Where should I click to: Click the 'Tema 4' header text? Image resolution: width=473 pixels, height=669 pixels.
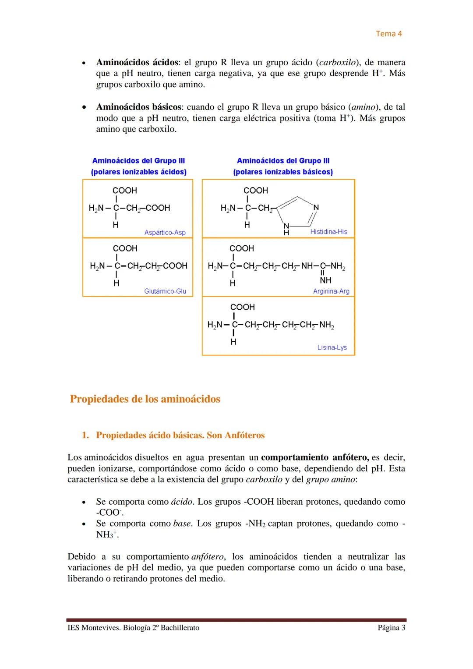388,34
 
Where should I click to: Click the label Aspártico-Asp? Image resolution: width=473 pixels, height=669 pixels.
165,232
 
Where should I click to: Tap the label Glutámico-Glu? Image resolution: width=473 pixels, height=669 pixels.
165,291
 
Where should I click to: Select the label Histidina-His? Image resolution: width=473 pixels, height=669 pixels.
328,231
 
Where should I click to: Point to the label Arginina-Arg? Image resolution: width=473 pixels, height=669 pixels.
331,291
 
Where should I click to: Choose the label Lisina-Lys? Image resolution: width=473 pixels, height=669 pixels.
332,347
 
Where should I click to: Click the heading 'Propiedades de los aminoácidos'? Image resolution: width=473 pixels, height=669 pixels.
145,399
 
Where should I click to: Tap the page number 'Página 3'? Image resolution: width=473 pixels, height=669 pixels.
391,628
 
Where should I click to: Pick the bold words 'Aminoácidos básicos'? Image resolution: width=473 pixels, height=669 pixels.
138,107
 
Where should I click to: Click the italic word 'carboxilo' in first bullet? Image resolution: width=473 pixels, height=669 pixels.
337,62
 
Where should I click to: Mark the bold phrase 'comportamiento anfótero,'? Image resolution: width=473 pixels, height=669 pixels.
314,457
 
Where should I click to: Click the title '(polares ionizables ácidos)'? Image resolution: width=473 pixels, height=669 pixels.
138,172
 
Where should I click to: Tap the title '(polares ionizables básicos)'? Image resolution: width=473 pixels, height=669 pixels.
283,172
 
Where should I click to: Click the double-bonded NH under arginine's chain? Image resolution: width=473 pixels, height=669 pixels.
325,280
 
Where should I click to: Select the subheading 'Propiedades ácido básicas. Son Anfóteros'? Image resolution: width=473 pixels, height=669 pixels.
180,435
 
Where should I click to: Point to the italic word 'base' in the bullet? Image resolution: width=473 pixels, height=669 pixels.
181,524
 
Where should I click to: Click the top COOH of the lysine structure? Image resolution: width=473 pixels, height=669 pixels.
242,307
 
